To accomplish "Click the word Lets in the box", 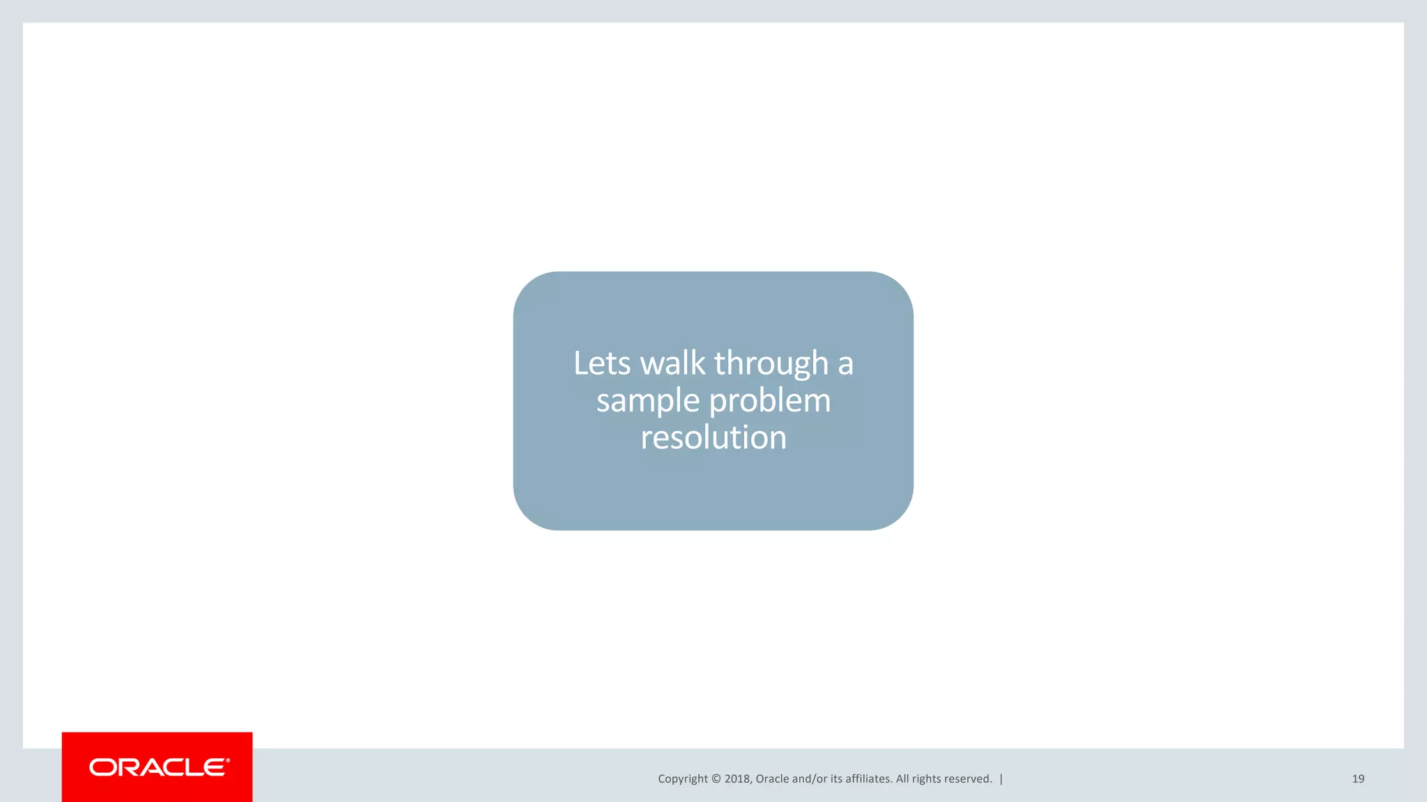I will (602, 363).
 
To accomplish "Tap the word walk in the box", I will (672, 363).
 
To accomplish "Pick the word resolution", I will (713, 438).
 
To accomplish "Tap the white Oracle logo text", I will (157, 768).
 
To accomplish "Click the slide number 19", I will (1358, 779).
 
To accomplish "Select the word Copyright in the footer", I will (682, 779).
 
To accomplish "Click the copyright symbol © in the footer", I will (716, 779).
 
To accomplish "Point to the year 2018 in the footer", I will (737, 779).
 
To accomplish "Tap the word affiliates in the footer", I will (869, 779).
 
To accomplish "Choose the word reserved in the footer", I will (969, 779).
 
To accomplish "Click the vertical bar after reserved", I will (1001, 779).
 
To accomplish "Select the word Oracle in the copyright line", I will (772, 779).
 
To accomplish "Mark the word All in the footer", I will (902, 779).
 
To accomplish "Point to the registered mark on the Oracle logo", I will (228, 760).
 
